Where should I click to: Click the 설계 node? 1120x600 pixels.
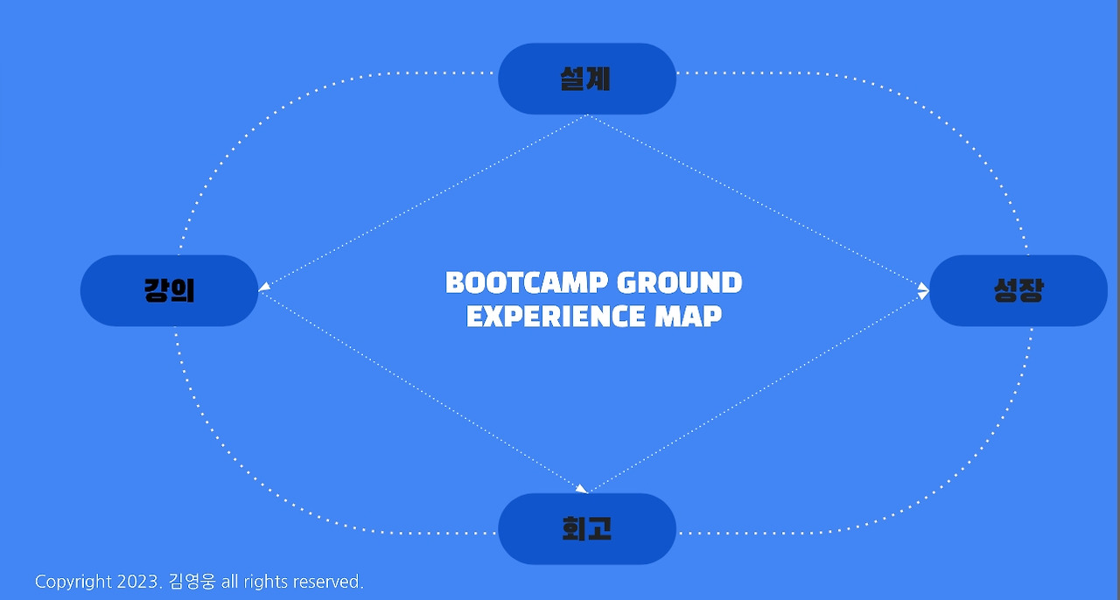click(586, 79)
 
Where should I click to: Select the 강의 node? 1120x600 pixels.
click(169, 290)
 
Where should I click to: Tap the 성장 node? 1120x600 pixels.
click(1018, 290)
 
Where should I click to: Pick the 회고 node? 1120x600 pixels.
click(586, 528)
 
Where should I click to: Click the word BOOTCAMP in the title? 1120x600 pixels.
click(526, 283)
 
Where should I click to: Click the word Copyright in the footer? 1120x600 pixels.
click(73, 582)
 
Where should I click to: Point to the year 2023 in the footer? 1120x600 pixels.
click(138, 582)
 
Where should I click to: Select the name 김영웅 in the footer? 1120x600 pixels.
click(192, 582)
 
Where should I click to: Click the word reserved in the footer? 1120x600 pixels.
click(327, 582)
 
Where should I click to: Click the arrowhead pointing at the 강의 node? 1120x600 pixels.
click(264, 285)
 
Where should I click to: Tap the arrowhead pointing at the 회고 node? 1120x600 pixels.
click(581, 488)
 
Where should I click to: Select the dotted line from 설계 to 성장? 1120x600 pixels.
click(757, 201)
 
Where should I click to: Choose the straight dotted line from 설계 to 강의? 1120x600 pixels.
click(424, 201)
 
